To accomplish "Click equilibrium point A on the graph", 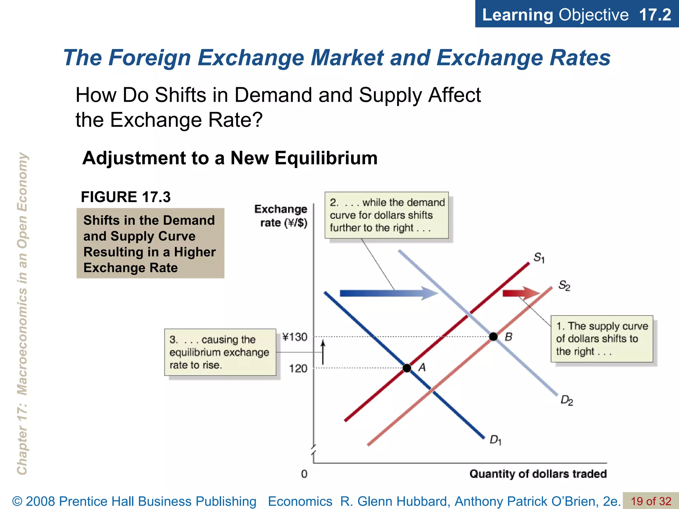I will [x=407, y=368].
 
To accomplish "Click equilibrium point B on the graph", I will [x=493, y=337].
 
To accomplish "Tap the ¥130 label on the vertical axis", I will [x=295, y=337].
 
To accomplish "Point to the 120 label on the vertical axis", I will [x=298, y=368].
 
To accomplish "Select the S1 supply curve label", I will [x=539, y=257].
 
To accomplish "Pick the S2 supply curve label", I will [x=564, y=285].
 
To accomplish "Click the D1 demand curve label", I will [x=495, y=440].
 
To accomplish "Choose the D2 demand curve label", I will [x=567, y=400].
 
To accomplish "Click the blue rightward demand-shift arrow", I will [x=388, y=293].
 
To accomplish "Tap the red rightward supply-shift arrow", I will [x=521, y=293].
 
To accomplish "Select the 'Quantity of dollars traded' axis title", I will [x=538, y=474].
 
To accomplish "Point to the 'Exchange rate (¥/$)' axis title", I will [x=281, y=216].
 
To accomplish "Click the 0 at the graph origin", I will [x=304, y=474].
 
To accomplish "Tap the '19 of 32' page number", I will [x=650, y=501].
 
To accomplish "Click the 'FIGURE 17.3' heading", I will [x=126, y=197].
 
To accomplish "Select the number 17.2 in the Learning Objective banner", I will [x=655, y=15].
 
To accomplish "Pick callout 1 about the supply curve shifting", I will [x=602, y=339].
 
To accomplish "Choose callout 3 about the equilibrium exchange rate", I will [x=220, y=352].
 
